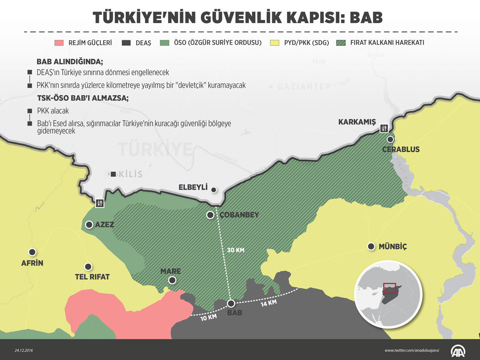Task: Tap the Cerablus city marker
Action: (390, 140)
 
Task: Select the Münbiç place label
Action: (393, 246)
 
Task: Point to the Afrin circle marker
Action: (32, 252)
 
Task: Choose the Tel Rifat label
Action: (92, 277)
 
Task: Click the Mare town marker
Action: (172, 280)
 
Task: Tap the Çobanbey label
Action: (239, 215)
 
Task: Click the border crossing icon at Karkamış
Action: (384, 127)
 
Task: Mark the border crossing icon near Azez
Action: (99, 203)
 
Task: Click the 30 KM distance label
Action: (235, 250)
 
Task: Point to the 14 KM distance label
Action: (269, 303)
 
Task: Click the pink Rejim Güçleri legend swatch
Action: (59, 43)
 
